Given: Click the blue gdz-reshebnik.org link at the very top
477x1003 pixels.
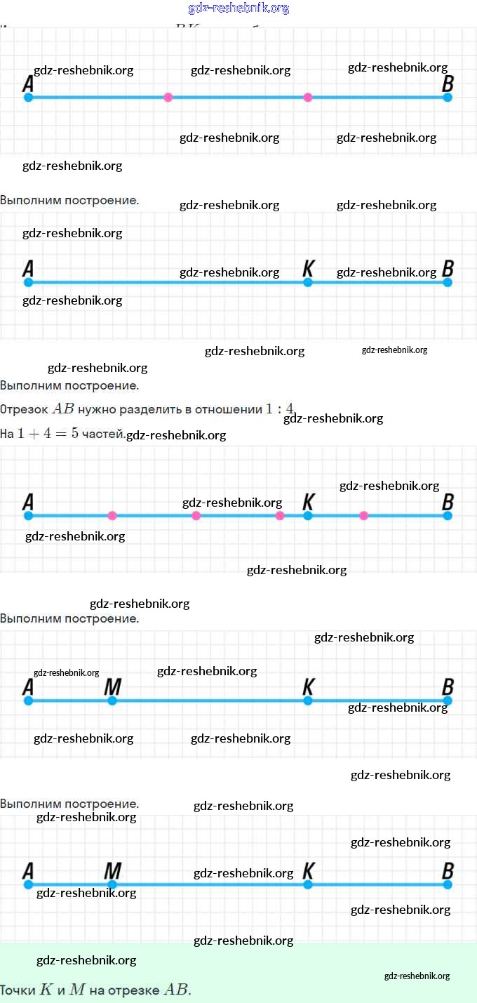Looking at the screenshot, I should click(238, 8).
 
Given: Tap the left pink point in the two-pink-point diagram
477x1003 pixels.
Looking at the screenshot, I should click(168, 98).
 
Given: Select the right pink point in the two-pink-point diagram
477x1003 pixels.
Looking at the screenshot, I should click(307, 98).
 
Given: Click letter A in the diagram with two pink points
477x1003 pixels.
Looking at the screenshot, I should click(28, 84).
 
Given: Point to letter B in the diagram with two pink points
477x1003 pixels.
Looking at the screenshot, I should click(448, 84).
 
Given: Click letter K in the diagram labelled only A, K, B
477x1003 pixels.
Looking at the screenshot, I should click(308, 269).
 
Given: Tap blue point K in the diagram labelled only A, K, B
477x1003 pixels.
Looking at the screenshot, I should click(307, 282).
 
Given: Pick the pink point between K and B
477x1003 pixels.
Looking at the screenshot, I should click(363, 516).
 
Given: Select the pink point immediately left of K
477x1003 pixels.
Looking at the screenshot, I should click(280, 516).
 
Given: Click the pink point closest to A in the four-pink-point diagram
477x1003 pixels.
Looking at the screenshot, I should click(112, 516).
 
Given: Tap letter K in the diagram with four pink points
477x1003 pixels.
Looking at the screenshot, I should click(308, 503).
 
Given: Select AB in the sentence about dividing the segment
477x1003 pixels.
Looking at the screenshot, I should click(63, 409).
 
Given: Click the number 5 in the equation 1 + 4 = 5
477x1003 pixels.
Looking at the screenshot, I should click(75, 434).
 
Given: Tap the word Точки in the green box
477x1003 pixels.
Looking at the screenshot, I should click(18, 990).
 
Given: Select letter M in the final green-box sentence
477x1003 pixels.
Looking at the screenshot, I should click(77, 990).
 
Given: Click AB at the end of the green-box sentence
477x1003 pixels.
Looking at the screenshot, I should click(175, 990).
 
